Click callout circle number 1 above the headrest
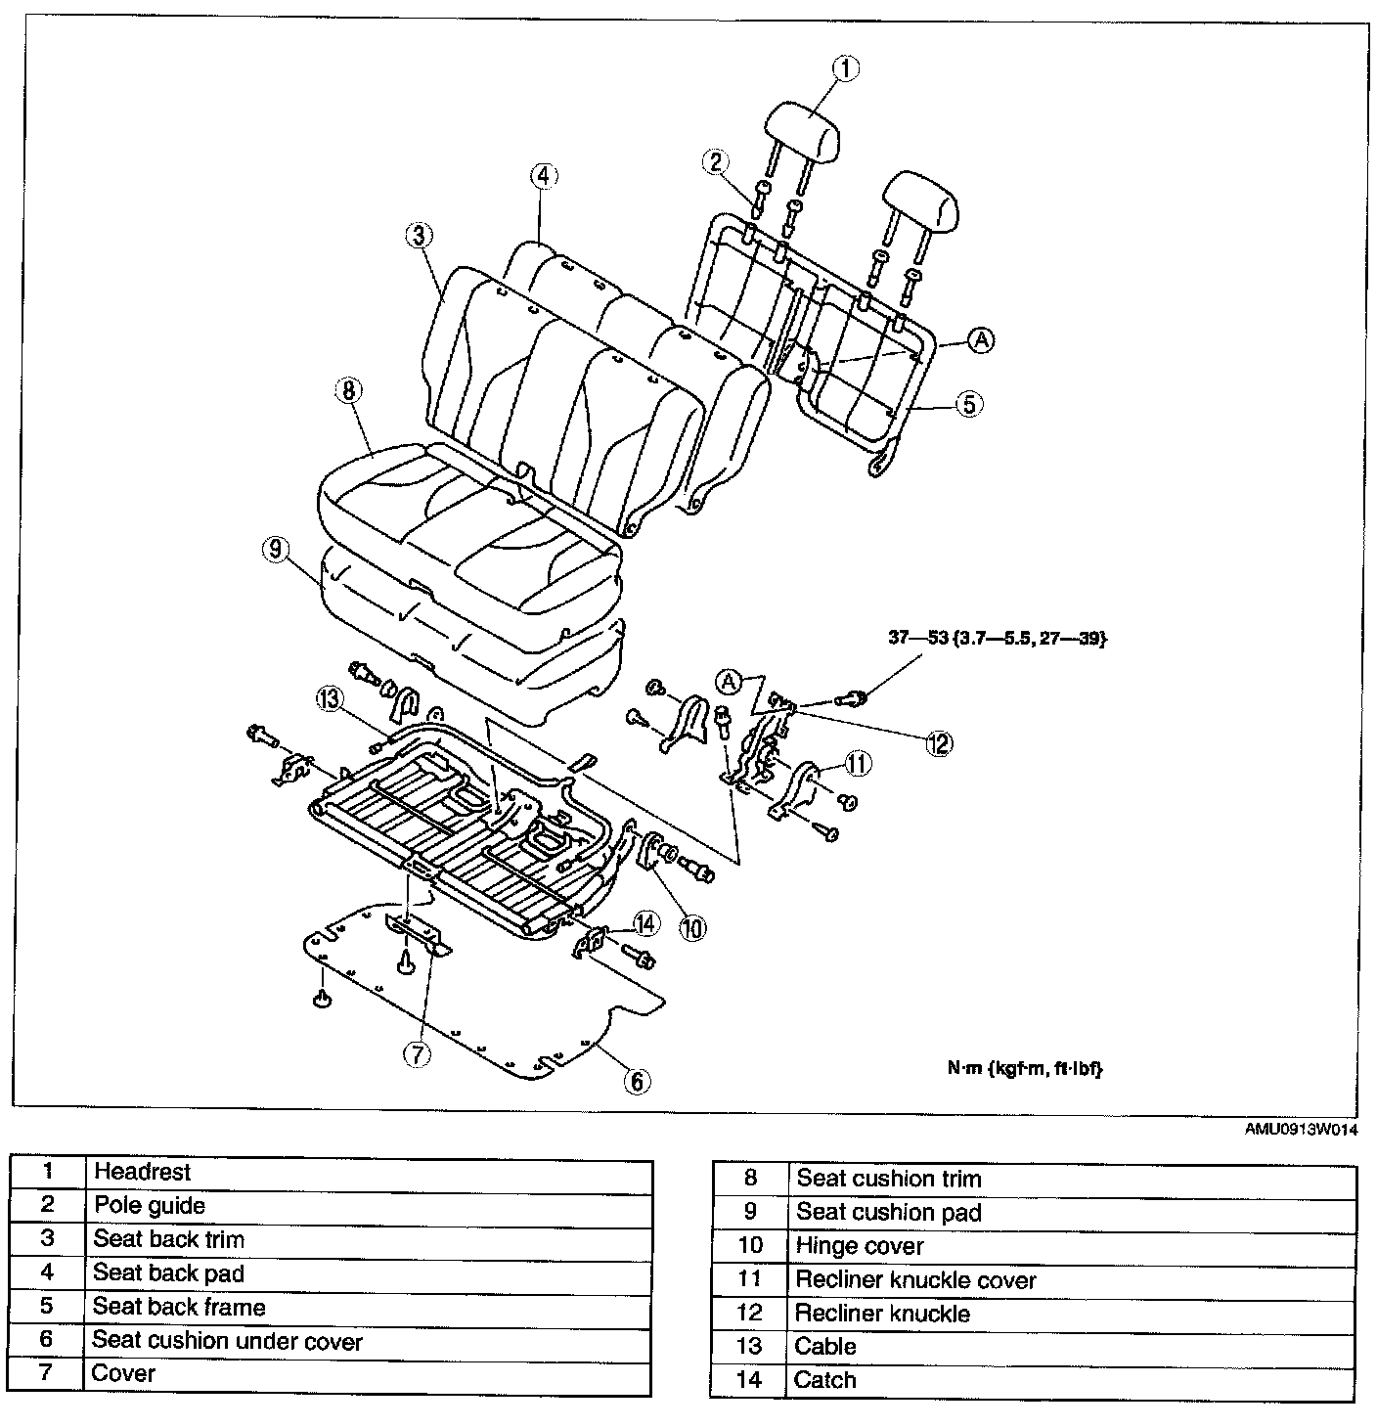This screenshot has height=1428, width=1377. (x=846, y=68)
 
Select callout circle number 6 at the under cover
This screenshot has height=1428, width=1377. (x=637, y=1080)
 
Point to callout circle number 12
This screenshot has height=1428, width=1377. (x=939, y=743)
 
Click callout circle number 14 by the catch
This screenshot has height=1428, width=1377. (x=644, y=922)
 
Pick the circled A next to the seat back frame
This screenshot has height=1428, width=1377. (x=981, y=339)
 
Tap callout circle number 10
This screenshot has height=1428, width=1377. (x=691, y=928)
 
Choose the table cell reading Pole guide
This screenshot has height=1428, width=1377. (x=150, y=1206)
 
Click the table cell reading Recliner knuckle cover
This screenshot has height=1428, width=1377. (x=915, y=1280)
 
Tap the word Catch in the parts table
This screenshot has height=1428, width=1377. (x=825, y=1380)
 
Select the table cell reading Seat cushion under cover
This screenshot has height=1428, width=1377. (x=227, y=1341)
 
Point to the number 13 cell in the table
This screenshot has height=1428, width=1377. (x=748, y=1347)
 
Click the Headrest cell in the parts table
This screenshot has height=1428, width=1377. (x=143, y=1172)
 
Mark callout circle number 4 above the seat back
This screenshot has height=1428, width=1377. (x=544, y=176)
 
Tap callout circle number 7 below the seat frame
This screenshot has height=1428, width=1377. (x=417, y=1054)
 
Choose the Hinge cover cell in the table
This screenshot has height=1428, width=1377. (x=860, y=1247)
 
